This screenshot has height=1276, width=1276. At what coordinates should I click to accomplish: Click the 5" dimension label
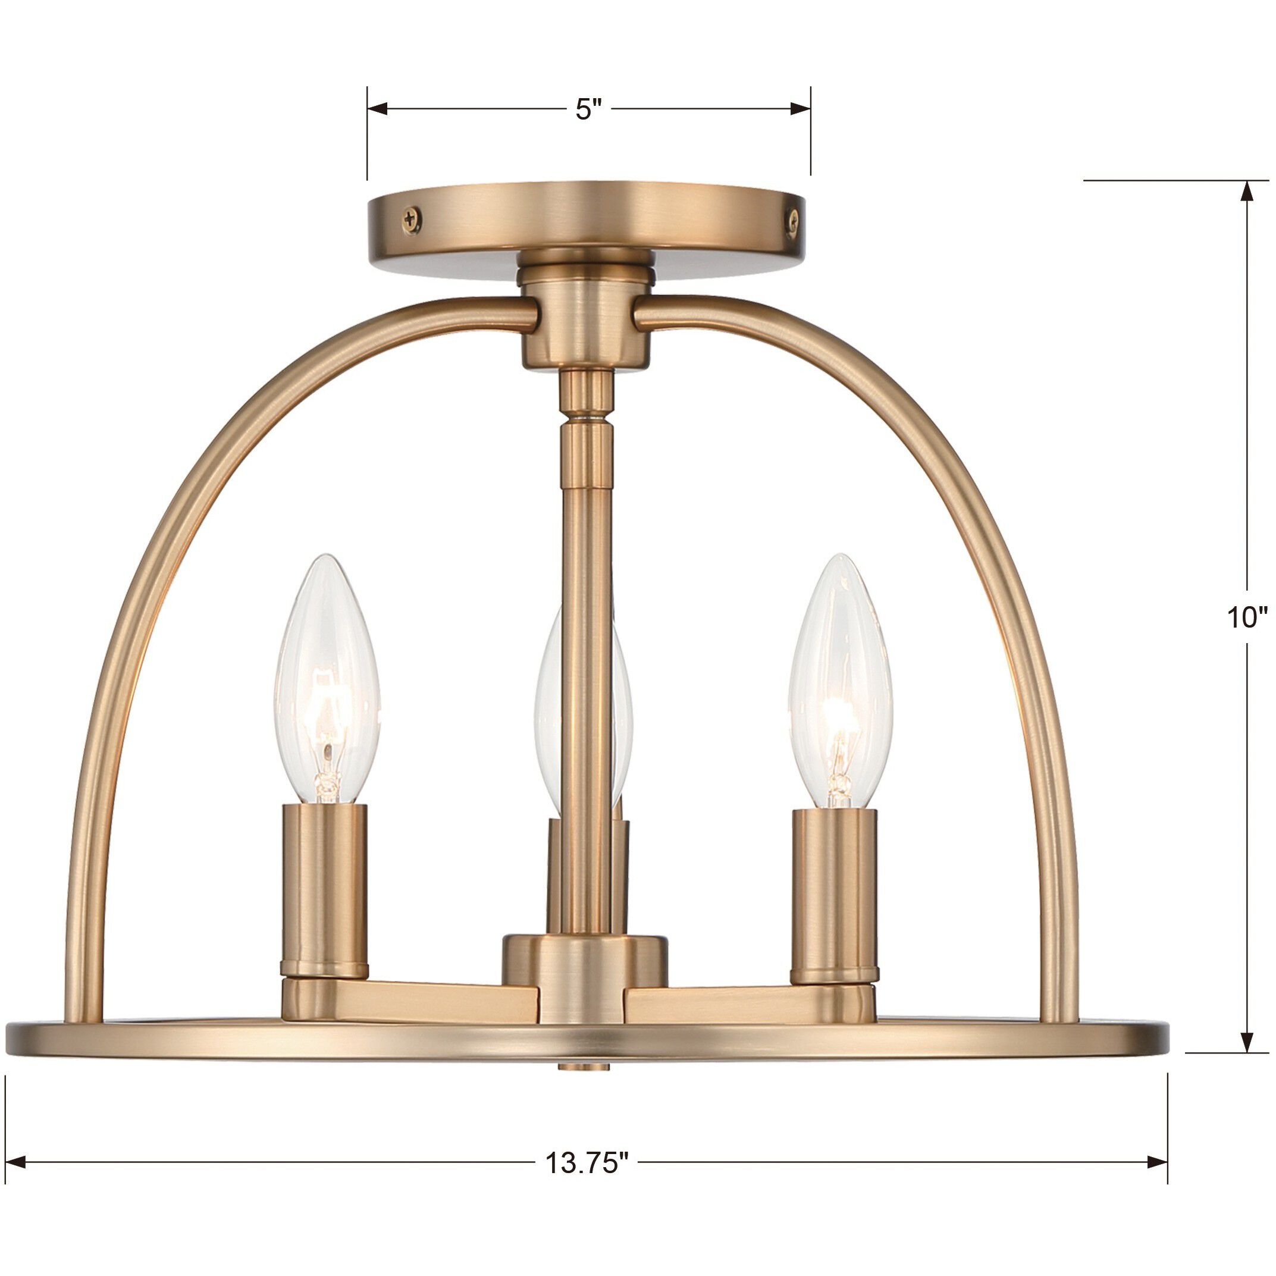click(588, 109)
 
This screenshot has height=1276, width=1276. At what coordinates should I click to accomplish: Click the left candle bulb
click(328, 681)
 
